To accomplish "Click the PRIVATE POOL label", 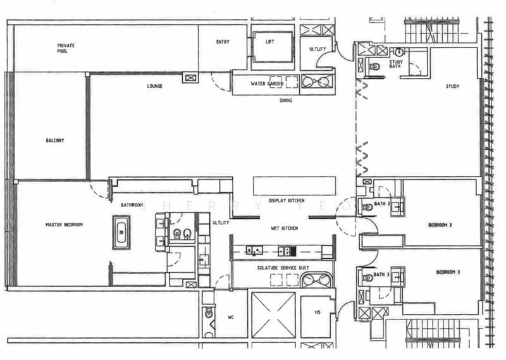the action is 66,49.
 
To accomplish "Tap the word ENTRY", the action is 223,42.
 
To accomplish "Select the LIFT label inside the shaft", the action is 270,42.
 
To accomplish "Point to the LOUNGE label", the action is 154,86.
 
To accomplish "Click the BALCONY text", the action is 55,140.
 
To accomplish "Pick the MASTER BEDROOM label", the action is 65,225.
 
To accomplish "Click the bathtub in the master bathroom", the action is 121,232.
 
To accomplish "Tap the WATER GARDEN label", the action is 267,84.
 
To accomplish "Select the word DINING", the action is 286,101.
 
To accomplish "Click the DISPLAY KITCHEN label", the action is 287,201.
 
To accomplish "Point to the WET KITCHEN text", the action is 284,228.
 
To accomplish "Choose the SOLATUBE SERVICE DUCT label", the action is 283,268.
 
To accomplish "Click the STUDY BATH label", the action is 396,64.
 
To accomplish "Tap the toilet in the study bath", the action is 373,67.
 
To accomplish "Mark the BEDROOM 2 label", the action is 440,225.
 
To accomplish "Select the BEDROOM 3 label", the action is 448,272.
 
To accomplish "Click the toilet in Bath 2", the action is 367,208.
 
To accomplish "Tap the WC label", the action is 230,318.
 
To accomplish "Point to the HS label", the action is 318,312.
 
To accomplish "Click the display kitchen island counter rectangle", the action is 294,186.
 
